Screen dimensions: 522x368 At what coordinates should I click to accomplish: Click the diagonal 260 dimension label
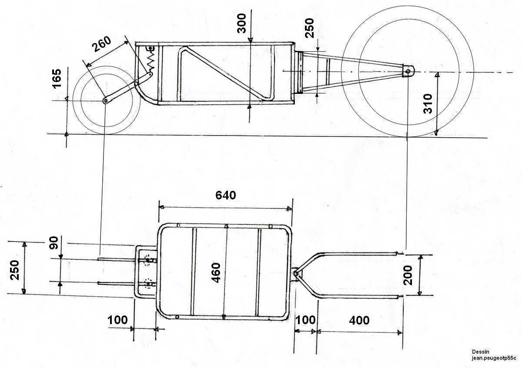coord(102,44)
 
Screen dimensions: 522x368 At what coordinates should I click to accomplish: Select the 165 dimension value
coord(57,79)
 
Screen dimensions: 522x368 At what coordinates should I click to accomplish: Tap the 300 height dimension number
coord(241,23)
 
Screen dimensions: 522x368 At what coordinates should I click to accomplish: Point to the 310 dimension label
coord(428,103)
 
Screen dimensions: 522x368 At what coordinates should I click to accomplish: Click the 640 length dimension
coord(226,195)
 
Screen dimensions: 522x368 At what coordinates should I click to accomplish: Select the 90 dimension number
coord(54,243)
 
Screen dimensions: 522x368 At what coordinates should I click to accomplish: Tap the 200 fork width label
coord(408,275)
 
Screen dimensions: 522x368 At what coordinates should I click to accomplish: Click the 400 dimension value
coord(359,320)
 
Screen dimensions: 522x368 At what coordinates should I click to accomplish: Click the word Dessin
coord(481,351)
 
